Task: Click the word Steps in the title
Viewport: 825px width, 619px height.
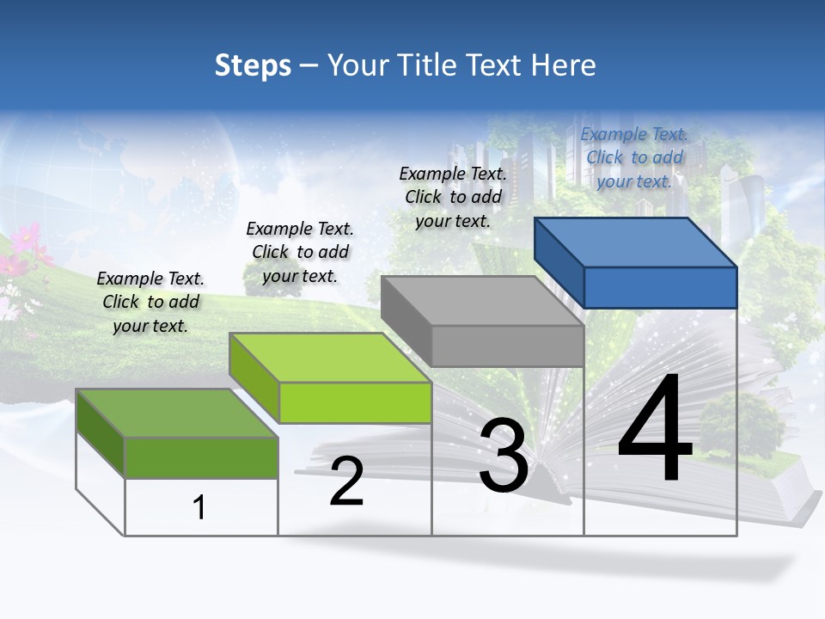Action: pos(253,65)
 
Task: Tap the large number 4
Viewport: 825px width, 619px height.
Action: pos(655,432)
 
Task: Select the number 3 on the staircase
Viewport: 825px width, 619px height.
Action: pos(504,457)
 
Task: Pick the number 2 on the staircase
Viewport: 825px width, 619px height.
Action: pos(346,482)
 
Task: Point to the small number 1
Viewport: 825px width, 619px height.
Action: pos(199,507)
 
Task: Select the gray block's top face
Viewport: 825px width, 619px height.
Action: pos(483,301)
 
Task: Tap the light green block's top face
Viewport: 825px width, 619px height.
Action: pos(330,358)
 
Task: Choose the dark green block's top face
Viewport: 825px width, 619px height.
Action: pos(177,414)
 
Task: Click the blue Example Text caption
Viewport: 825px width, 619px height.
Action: pos(634,157)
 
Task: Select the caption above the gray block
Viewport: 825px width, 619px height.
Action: pos(453,197)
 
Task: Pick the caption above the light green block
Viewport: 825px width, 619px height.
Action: pos(300,252)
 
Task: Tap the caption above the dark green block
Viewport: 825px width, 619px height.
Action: pos(150,302)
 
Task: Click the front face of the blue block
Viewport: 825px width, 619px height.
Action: pos(660,287)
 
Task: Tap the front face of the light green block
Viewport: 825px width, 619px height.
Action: pos(355,402)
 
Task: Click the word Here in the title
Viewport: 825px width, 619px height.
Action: pos(563,65)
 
